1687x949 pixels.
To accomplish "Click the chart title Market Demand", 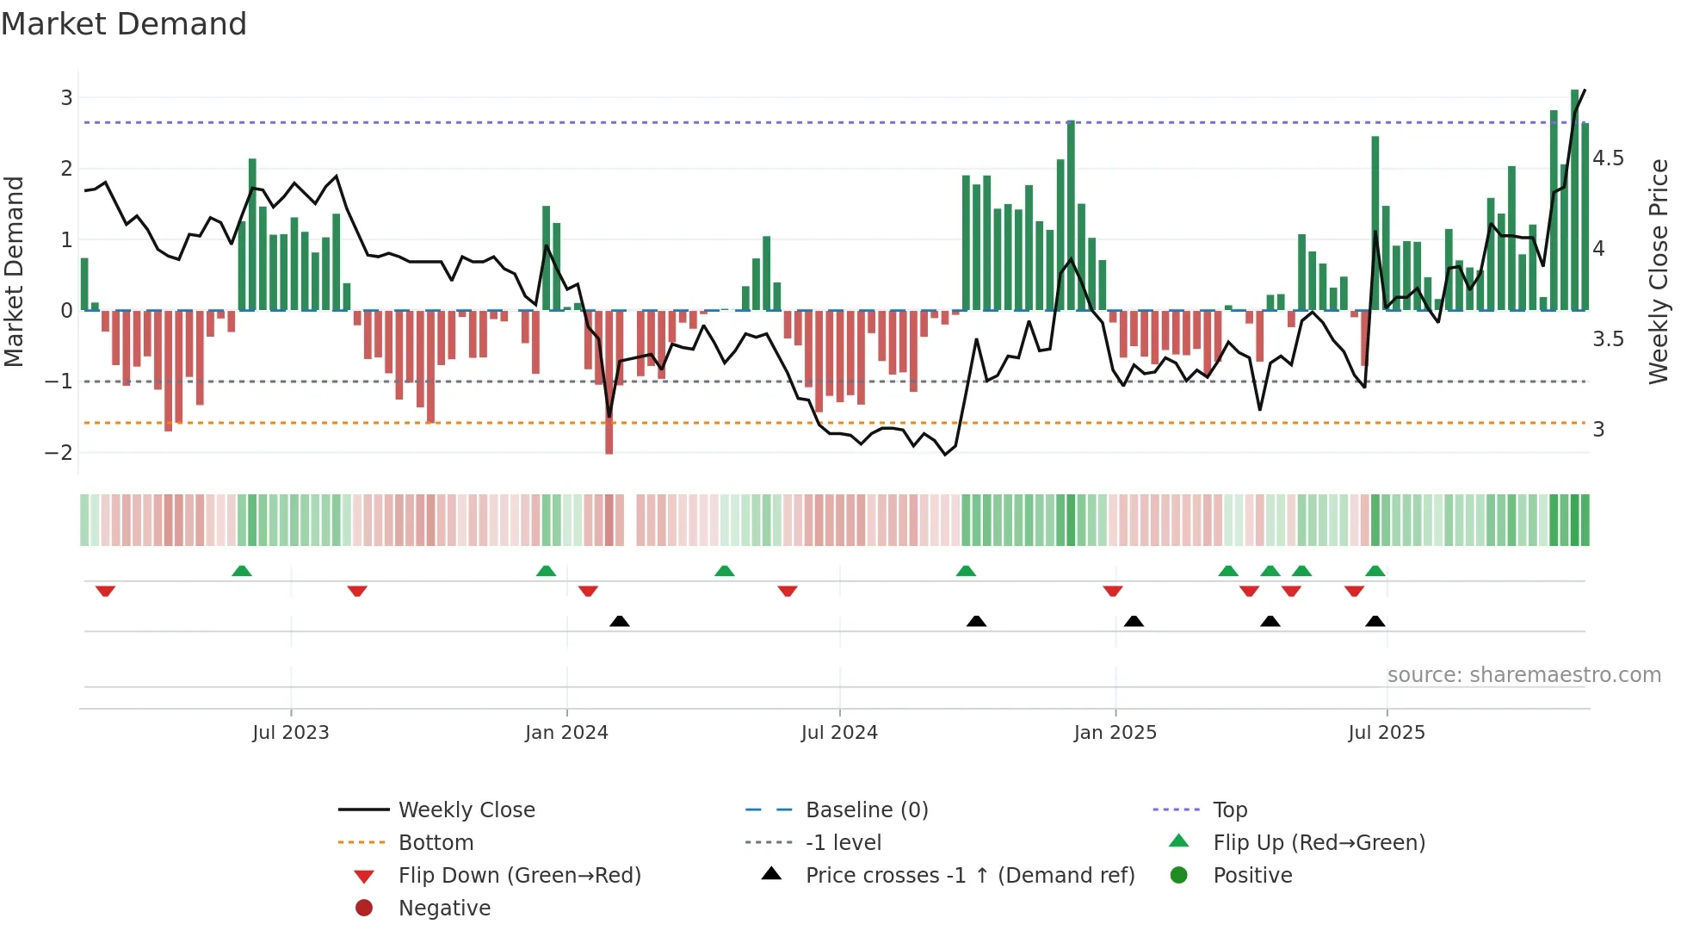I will click(124, 24).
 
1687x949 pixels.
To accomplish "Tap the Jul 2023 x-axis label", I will click(291, 733).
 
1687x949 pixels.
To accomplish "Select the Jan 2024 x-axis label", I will click(566, 733).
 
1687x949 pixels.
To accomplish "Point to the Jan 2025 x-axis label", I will click(1115, 733).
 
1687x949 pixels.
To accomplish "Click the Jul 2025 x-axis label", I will click(1386, 733).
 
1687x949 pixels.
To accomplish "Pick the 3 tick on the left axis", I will click(66, 98).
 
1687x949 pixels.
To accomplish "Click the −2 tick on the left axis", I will click(59, 453).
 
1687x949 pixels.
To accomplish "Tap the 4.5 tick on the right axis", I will click(1608, 158).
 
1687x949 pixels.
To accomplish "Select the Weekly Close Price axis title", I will click(1659, 271).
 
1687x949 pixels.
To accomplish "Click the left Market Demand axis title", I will click(15, 271).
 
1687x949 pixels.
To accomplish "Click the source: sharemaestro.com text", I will click(1523, 675).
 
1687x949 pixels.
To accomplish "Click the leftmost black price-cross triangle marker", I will click(620, 621).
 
